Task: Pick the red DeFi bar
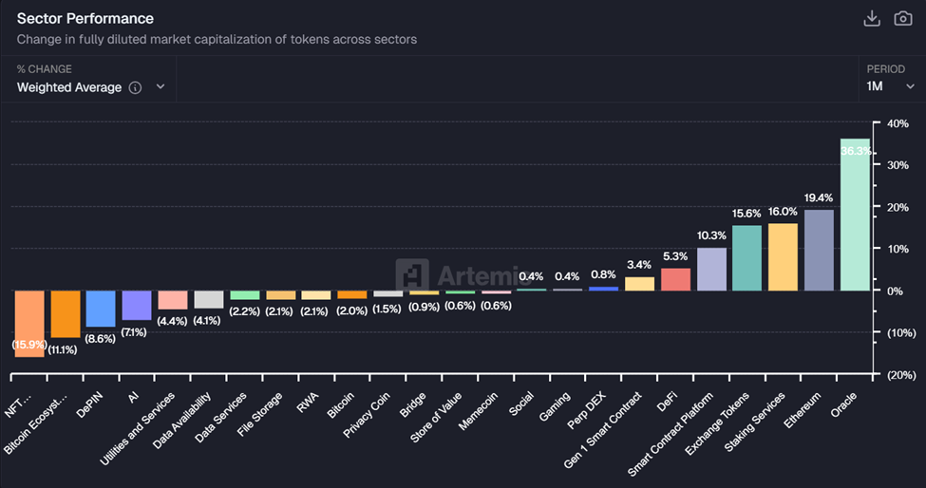(x=675, y=279)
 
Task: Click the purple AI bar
(x=137, y=305)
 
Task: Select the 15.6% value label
(x=746, y=215)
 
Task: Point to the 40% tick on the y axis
(x=898, y=123)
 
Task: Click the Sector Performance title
(x=85, y=19)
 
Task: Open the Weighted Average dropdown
(x=91, y=87)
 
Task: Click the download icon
(x=871, y=19)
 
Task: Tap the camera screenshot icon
(x=902, y=19)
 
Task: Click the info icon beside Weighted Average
(x=135, y=87)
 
